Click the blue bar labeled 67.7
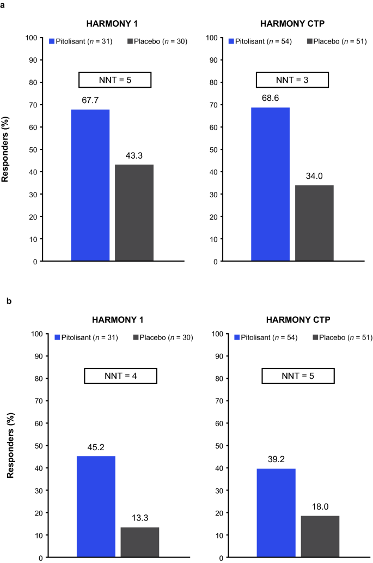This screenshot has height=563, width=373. pos(90,185)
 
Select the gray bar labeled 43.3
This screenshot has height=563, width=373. pos(134,213)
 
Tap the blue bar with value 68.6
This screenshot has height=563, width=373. pos(270,184)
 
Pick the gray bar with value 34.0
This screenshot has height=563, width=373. pos(314,223)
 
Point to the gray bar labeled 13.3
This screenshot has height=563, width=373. pos(140,542)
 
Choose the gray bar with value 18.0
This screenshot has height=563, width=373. pos(320,537)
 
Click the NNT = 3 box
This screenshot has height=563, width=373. pos(292,80)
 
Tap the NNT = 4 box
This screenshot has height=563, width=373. pos(120,376)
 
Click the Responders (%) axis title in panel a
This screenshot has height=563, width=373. pos(6,150)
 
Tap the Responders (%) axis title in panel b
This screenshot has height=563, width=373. pos(10,446)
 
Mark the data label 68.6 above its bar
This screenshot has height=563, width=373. pos(271,100)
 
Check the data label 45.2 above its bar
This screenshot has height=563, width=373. pos(96,449)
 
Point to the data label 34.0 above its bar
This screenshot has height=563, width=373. pos(314,178)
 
